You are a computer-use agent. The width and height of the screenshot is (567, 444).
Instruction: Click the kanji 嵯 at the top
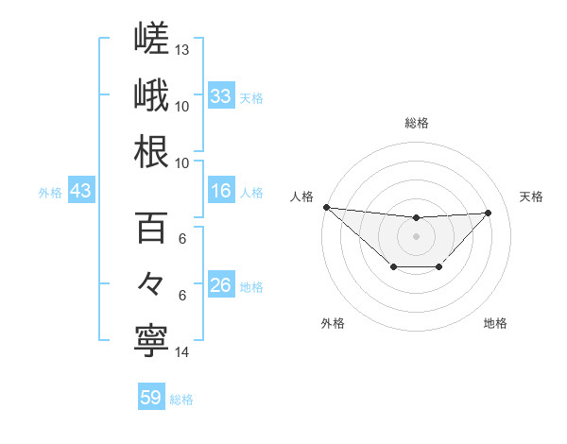[x=151, y=38]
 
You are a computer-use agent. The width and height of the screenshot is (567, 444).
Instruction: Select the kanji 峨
[x=151, y=94]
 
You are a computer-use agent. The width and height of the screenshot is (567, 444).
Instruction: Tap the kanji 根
[x=151, y=151]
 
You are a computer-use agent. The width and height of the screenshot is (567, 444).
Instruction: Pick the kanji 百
[x=151, y=228]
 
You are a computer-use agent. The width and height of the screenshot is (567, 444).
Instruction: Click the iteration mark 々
[x=150, y=283]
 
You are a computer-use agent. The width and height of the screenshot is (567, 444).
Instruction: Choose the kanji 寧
[x=151, y=341]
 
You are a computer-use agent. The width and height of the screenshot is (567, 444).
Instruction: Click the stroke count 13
[x=181, y=50]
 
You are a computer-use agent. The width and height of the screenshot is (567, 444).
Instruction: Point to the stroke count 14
[x=181, y=352]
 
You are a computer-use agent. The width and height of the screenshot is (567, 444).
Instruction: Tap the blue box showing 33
[x=221, y=95]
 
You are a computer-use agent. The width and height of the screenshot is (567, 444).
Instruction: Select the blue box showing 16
[x=221, y=190]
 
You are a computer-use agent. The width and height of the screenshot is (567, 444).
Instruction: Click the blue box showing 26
[x=221, y=283]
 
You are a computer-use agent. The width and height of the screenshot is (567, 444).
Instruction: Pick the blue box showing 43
[x=81, y=190]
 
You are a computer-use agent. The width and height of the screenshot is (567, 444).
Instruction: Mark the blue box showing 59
[x=151, y=396]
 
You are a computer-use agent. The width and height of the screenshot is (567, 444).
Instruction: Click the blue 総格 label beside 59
[x=181, y=400]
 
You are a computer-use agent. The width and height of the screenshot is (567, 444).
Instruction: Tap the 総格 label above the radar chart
[x=417, y=123]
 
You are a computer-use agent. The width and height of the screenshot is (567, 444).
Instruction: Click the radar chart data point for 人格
[x=327, y=207]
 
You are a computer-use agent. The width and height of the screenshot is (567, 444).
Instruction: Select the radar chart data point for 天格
[x=488, y=213]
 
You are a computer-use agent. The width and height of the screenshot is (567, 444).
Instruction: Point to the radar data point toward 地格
[x=438, y=266]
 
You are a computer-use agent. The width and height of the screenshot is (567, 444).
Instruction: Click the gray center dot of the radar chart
[x=416, y=236]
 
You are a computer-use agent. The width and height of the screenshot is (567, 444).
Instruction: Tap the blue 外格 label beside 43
[x=50, y=193]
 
